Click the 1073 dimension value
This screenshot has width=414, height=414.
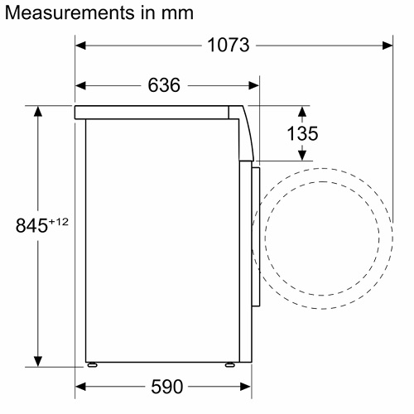click(229, 45)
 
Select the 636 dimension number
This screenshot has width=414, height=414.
click(164, 85)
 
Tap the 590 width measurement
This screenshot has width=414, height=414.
click(166, 387)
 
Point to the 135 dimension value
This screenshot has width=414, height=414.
click(302, 133)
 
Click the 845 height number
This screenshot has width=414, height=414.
click(31, 225)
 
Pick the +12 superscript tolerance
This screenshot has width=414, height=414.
click(59, 222)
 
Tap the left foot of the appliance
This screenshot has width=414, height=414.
click(93, 364)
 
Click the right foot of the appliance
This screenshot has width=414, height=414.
click(229, 364)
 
